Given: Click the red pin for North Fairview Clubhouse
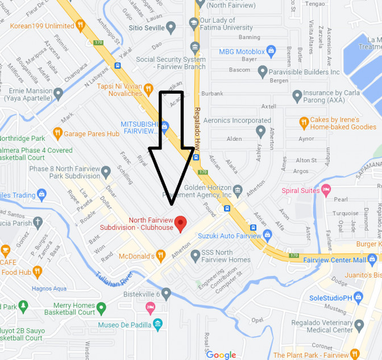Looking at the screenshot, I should [x=181, y=223].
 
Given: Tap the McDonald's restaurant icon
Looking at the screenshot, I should [x=161, y=256].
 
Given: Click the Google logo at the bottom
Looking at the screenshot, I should [x=221, y=355].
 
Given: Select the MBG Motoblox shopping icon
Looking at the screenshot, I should [x=271, y=52].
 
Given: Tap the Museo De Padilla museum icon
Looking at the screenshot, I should [x=157, y=325].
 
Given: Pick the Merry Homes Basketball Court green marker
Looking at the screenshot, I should [x=101, y=308].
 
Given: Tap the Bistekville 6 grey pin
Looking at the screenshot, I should [x=166, y=294].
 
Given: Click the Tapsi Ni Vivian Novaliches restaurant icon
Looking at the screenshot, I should [x=148, y=89].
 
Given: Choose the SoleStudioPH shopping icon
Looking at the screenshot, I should [x=358, y=297].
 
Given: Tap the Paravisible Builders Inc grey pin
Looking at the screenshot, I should [x=262, y=72].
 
